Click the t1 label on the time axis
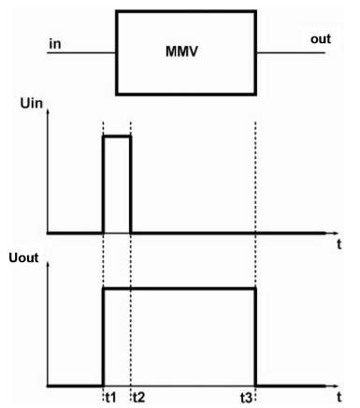110,396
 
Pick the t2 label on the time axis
138,396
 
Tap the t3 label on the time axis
248,396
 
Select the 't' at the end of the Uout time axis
338,397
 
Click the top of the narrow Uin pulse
117,137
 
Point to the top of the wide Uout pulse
178,288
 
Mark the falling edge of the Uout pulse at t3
255,337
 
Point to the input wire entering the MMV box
79,52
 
